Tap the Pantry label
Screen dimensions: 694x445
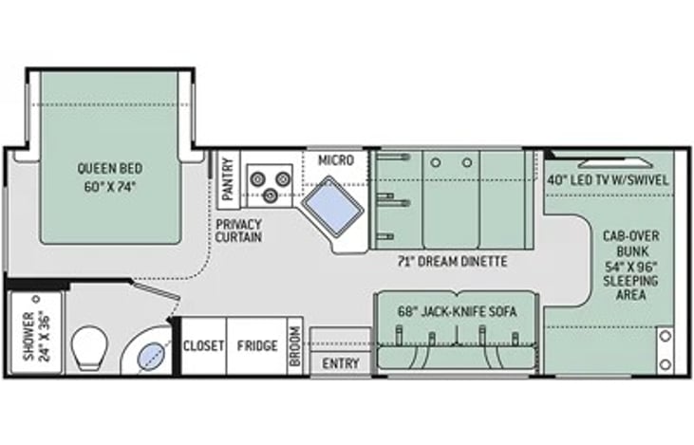[x=228, y=178]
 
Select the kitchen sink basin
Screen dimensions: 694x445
[x=332, y=206]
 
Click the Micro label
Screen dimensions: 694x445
[x=336, y=160]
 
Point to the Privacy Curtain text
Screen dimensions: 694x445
[x=238, y=231]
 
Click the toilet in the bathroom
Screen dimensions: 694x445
[x=91, y=348]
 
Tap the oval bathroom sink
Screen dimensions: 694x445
[x=151, y=356]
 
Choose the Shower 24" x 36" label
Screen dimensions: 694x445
[x=36, y=336]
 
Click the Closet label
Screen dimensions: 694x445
[x=203, y=345]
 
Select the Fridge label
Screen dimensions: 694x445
[x=257, y=345]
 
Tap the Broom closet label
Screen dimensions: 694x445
[x=295, y=346]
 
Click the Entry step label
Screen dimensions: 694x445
[x=341, y=363]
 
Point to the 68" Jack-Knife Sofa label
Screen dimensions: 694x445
[x=458, y=312]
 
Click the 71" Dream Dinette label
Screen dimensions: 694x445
[x=452, y=262]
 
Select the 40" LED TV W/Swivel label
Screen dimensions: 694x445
[x=608, y=180]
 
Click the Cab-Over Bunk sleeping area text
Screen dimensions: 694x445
[x=630, y=265]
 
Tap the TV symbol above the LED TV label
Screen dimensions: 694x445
[x=615, y=163]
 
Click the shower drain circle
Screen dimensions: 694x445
[x=36, y=300]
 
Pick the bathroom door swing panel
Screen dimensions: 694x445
[x=156, y=290]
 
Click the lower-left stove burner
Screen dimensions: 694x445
[x=270, y=195]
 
